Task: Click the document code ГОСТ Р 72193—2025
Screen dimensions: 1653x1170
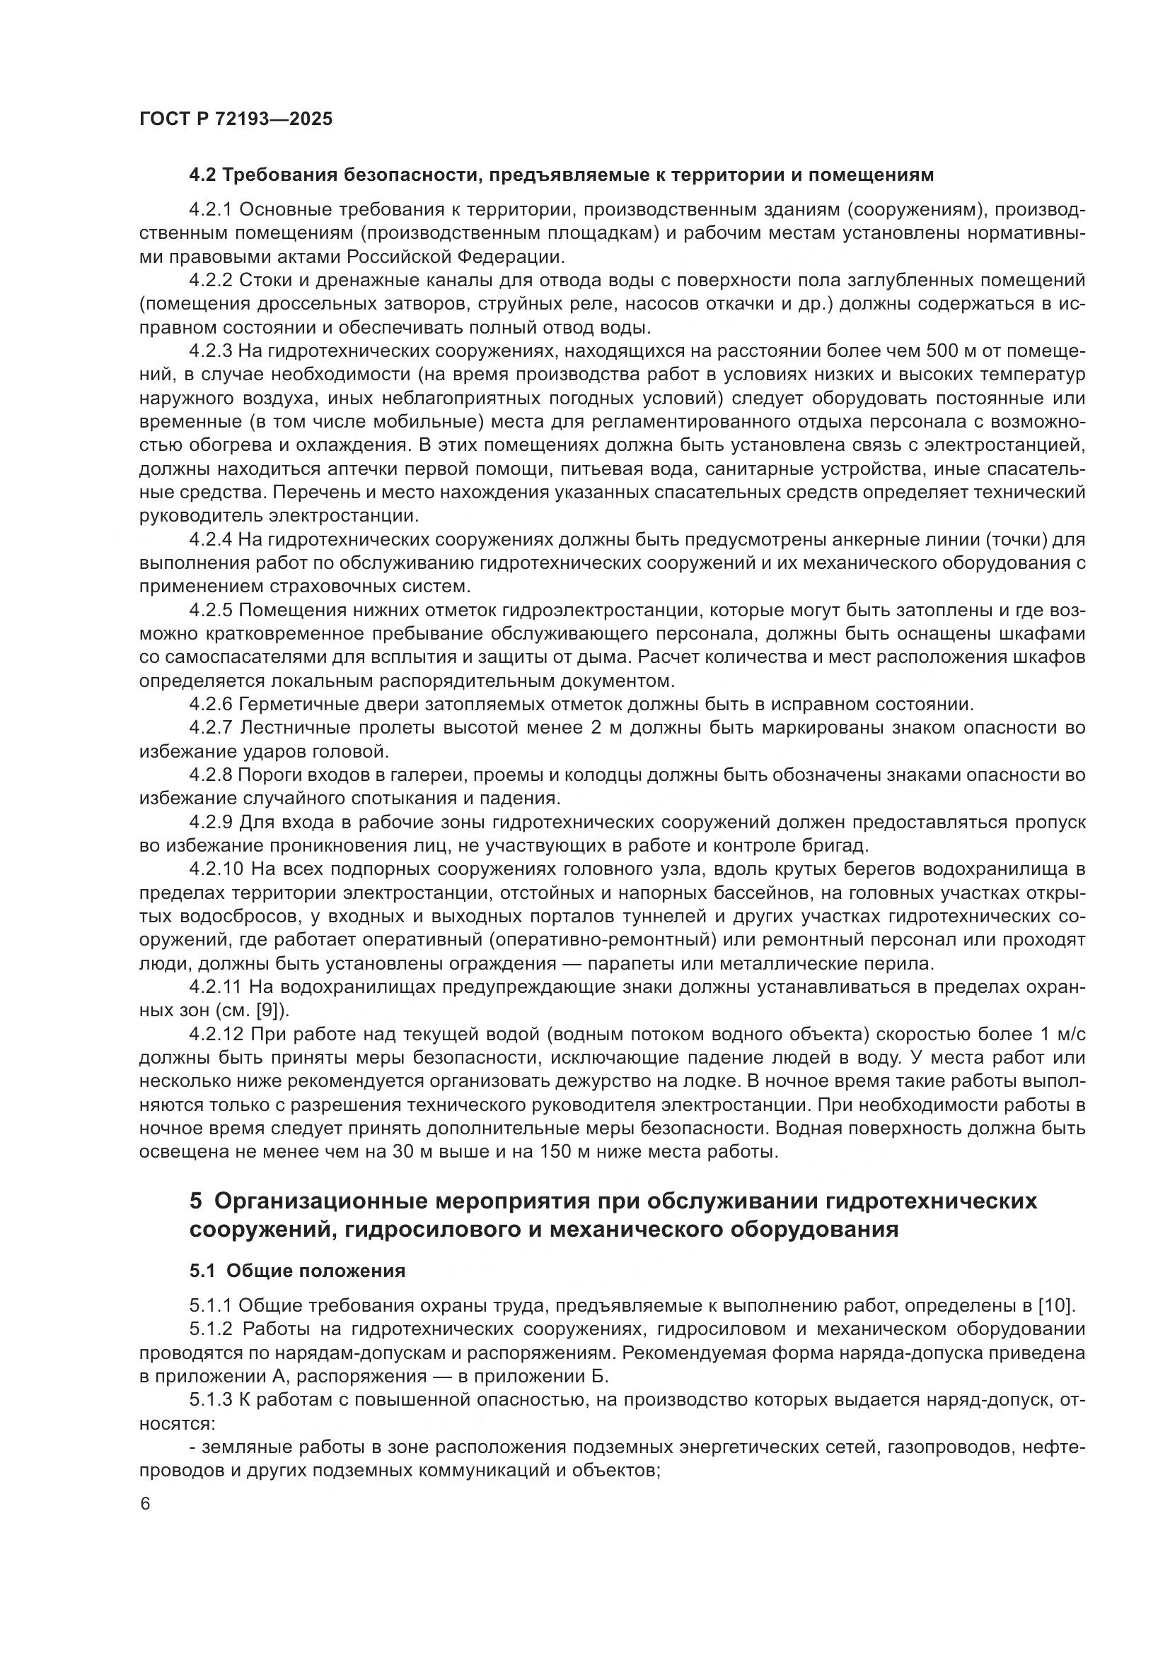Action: pyautogui.click(x=236, y=119)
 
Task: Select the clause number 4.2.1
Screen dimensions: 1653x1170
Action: pyautogui.click(x=211, y=209)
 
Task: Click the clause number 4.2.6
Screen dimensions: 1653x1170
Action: pyautogui.click(x=211, y=703)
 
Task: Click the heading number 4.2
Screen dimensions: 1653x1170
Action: pyautogui.click(x=203, y=175)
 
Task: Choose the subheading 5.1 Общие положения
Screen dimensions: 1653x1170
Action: pyautogui.click(x=298, y=1271)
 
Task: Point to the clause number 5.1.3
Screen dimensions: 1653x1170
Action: pyautogui.click(x=211, y=1399)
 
